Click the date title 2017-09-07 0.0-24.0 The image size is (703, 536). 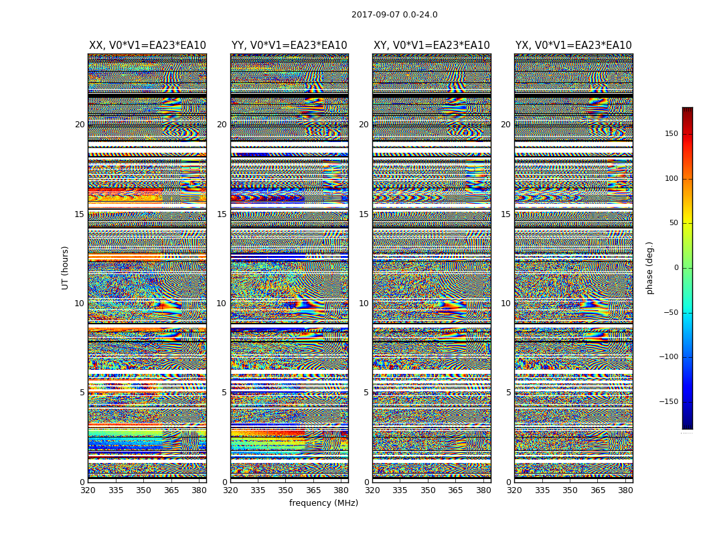coord(394,15)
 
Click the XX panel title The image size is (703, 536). coord(147,46)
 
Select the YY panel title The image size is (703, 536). coord(289,46)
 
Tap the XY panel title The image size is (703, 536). coord(432,46)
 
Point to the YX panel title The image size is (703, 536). coord(574,46)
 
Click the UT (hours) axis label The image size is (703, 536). coord(66,267)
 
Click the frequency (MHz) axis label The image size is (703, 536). coord(323,503)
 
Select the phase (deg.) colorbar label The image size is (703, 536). coord(649,268)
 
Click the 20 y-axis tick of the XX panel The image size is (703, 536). coord(80,125)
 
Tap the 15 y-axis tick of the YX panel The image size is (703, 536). coord(506,214)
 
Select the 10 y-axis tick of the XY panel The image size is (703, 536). coord(364,304)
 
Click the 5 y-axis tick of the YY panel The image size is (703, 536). coord(224,393)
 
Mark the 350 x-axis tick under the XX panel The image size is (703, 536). coord(143,490)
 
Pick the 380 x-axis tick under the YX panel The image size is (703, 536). coord(625,490)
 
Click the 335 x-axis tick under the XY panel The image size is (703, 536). coord(400,490)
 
